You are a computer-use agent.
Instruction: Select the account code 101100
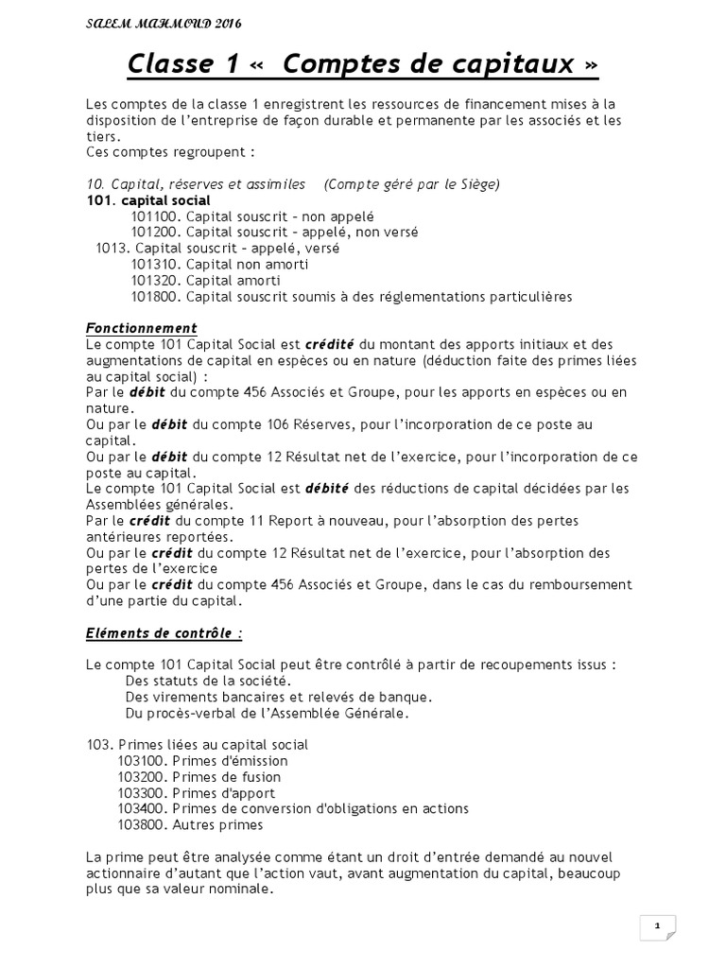point(156,216)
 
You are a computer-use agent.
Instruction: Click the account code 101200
point(156,232)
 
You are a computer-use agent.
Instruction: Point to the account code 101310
point(156,265)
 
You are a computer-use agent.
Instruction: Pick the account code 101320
point(156,281)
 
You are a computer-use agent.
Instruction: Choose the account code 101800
point(156,297)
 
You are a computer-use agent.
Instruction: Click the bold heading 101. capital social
point(147,199)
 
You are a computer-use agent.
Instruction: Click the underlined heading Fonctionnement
point(141,328)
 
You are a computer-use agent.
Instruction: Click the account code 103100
point(144,761)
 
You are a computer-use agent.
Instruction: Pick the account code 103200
point(144,777)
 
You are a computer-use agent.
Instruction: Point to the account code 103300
point(144,793)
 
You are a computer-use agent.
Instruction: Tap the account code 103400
point(144,809)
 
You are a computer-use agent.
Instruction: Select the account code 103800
point(144,825)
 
